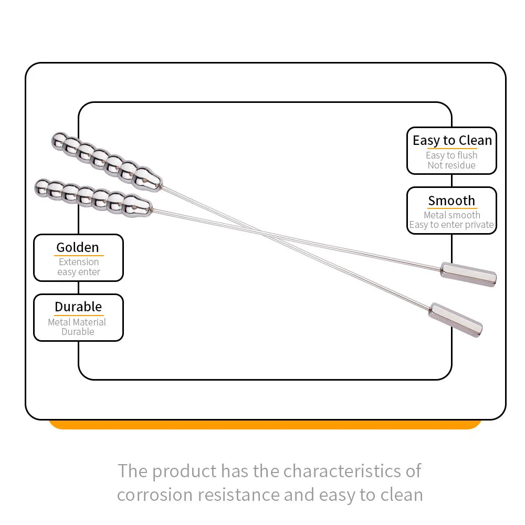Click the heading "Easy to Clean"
click(452, 141)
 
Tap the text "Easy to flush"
click(451, 155)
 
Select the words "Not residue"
click(451, 165)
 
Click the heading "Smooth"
click(451, 201)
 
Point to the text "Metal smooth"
click(451, 215)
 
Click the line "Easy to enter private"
click(451, 225)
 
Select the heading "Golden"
click(78, 247)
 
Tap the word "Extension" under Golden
click(79, 262)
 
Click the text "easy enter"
click(79, 272)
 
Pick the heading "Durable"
click(78, 307)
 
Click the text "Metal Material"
click(77, 322)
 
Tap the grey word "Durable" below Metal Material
click(78, 332)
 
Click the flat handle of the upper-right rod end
click(468, 274)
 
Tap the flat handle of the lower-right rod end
click(455, 319)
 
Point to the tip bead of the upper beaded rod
click(59, 140)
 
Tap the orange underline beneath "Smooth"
click(451, 208)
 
